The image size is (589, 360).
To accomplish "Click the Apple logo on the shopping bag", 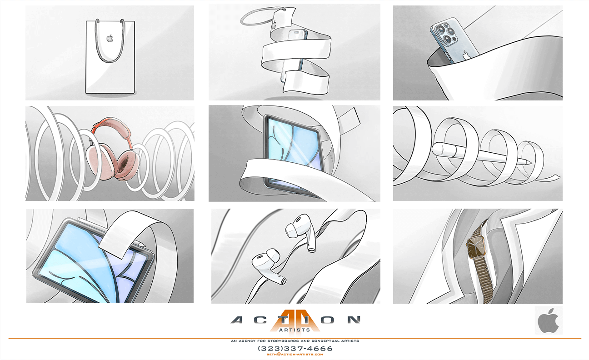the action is click(110, 38).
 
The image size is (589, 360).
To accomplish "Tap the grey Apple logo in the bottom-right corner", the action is click(548, 320).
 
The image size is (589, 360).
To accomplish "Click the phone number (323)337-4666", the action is click(295, 349).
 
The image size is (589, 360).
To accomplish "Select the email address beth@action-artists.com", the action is click(295, 355).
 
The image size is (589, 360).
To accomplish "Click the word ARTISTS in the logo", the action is click(294, 330).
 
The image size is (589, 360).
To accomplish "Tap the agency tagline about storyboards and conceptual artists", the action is click(295, 341).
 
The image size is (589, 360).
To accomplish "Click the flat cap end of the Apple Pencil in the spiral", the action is click(434, 149).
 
